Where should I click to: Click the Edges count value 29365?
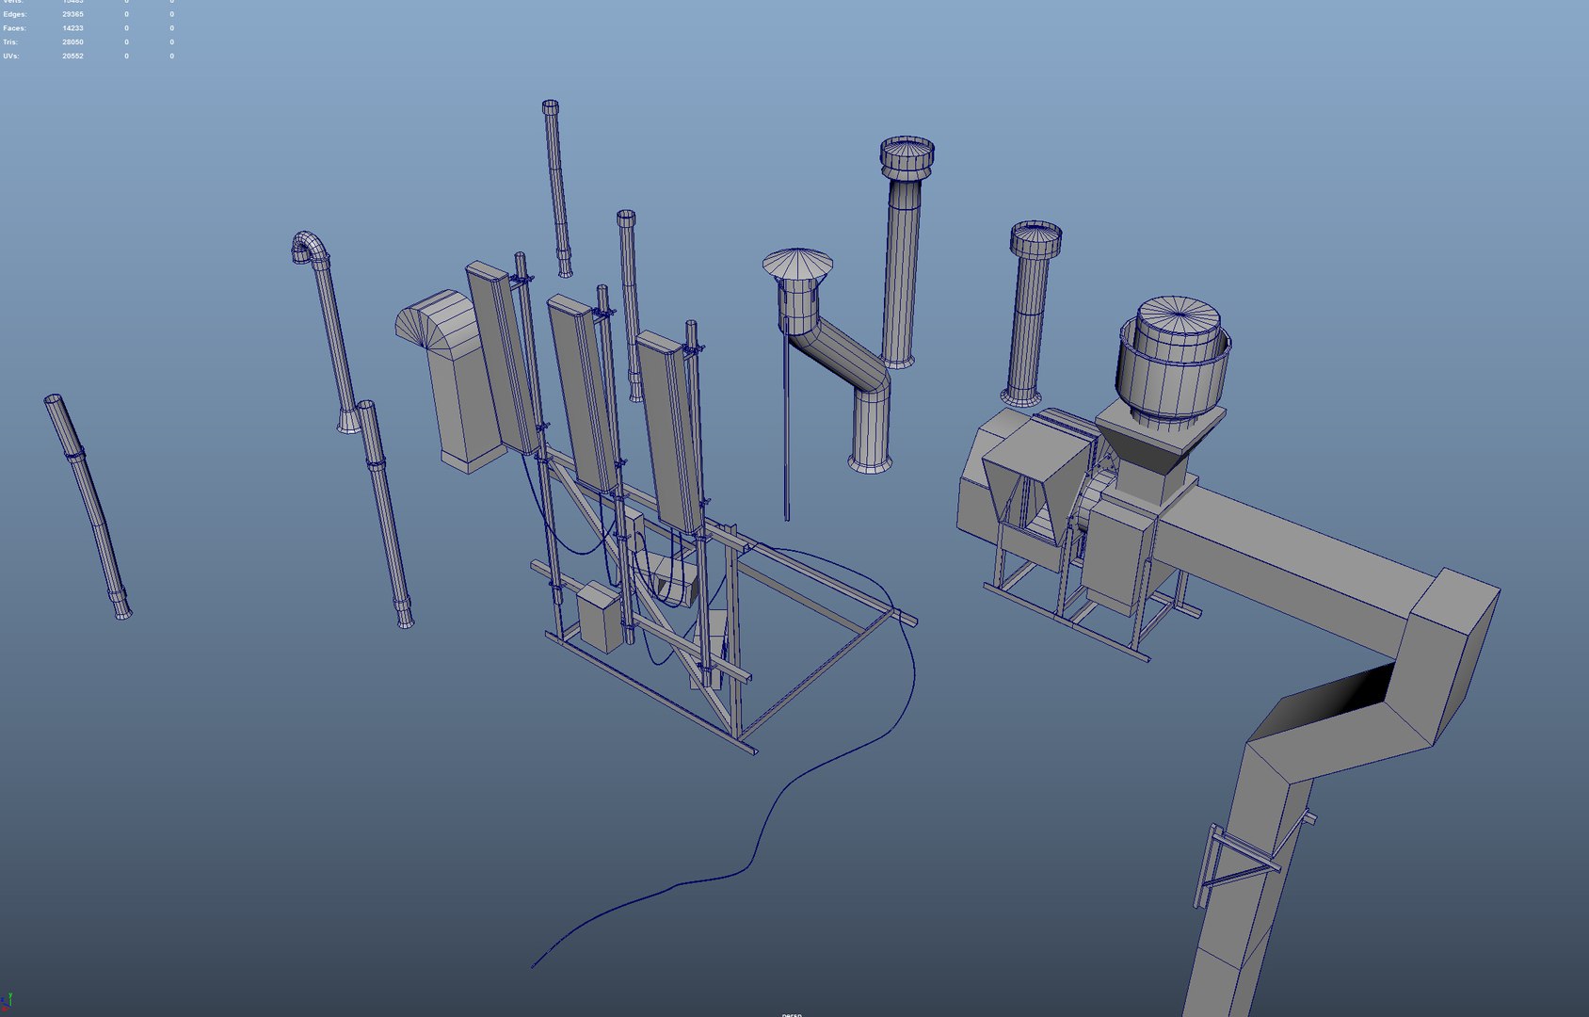[x=72, y=15]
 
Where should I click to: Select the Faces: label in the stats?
[x=14, y=28]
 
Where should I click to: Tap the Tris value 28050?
[x=72, y=42]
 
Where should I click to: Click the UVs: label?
[x=10, y=56]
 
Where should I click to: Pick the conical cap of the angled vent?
[x=797, y=262]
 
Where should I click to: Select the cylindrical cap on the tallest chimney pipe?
[x=907, y=155]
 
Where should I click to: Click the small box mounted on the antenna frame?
[x=600, y=617]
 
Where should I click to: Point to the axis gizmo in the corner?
[x=8, y=1003]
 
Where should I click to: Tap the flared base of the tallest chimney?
[x=899, y=361]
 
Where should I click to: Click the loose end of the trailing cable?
[x=534, y=965]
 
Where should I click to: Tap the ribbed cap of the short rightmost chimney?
[x=1035, y=240]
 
